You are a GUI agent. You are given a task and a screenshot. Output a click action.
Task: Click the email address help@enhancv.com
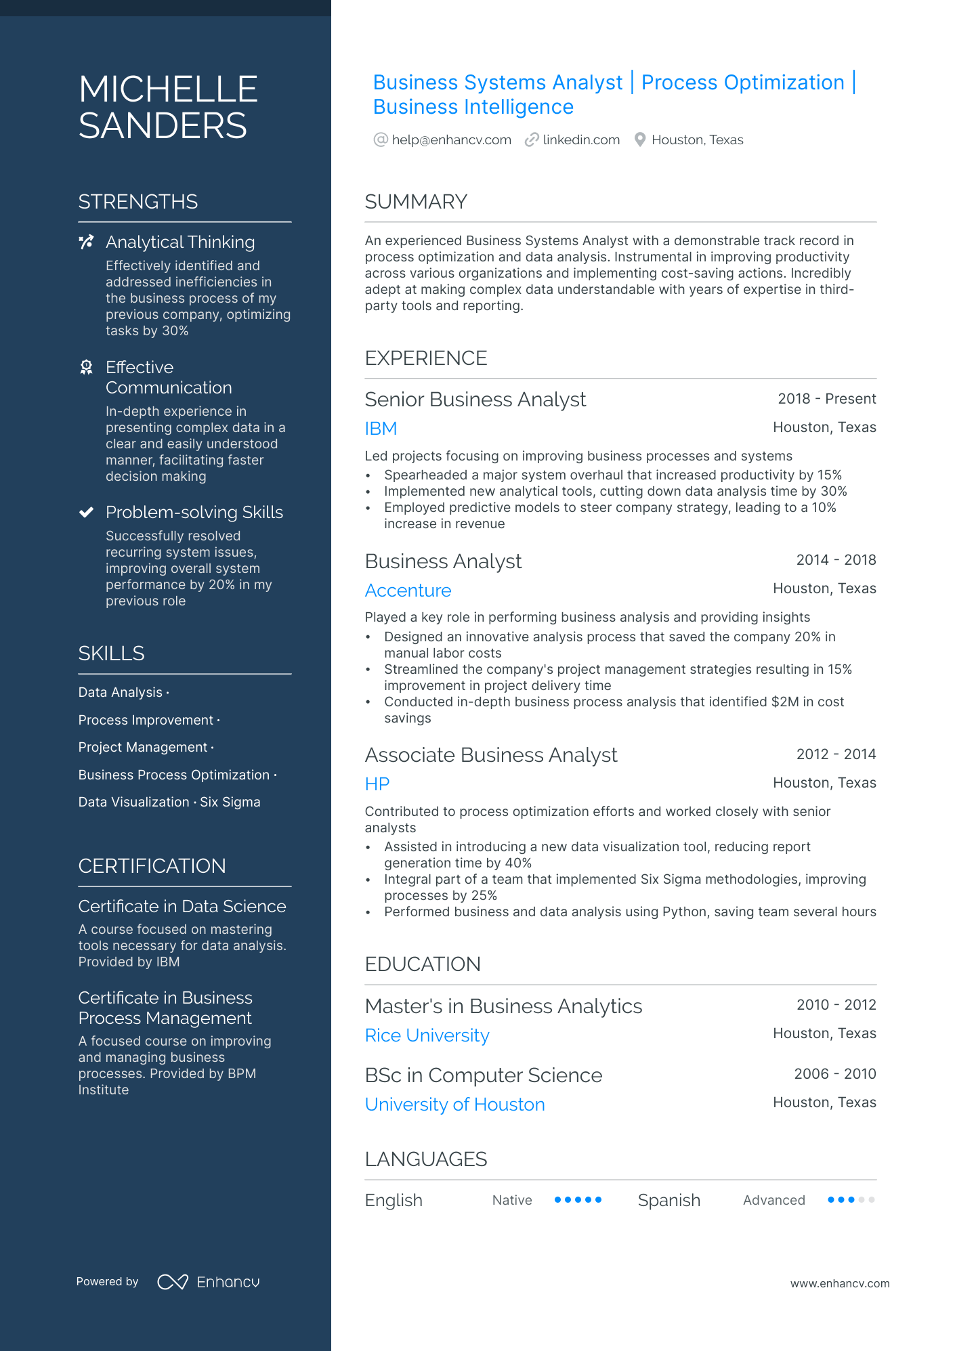click(451, 140)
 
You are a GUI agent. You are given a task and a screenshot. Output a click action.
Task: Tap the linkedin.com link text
click(581, 140)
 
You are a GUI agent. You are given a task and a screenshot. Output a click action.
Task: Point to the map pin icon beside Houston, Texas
click(639, 140)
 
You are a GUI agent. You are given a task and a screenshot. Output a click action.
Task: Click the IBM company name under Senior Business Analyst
click(381, 429)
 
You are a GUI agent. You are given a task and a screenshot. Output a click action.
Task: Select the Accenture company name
click(408, 591)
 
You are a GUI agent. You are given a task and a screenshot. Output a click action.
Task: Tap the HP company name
click(377, 784)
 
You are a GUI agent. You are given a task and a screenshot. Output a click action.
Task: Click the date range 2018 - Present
click(826, 399)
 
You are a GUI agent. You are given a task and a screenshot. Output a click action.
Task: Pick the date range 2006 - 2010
click(834, 1074)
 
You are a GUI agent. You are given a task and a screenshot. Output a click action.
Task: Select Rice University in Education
click(427, 1035)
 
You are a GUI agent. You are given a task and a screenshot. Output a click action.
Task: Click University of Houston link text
click(454, 1105)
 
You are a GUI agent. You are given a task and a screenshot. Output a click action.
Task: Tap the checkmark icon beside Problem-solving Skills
click(86, 512)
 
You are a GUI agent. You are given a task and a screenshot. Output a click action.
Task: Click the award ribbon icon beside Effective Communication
click(86, 367)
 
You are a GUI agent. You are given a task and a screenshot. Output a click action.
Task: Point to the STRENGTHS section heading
click(138, 202)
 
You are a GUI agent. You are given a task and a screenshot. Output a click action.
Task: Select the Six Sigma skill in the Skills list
click(230, 802)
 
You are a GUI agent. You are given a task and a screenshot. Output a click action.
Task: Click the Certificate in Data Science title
click(182, 906)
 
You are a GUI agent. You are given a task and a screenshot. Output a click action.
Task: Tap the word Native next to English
click(512, 1201)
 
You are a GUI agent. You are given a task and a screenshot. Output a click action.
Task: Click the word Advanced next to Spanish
click(773, 1201)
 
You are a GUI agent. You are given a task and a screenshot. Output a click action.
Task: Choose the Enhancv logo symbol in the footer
click(172, 1282)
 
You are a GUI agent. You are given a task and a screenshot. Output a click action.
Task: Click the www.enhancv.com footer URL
click(840, 1283)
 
